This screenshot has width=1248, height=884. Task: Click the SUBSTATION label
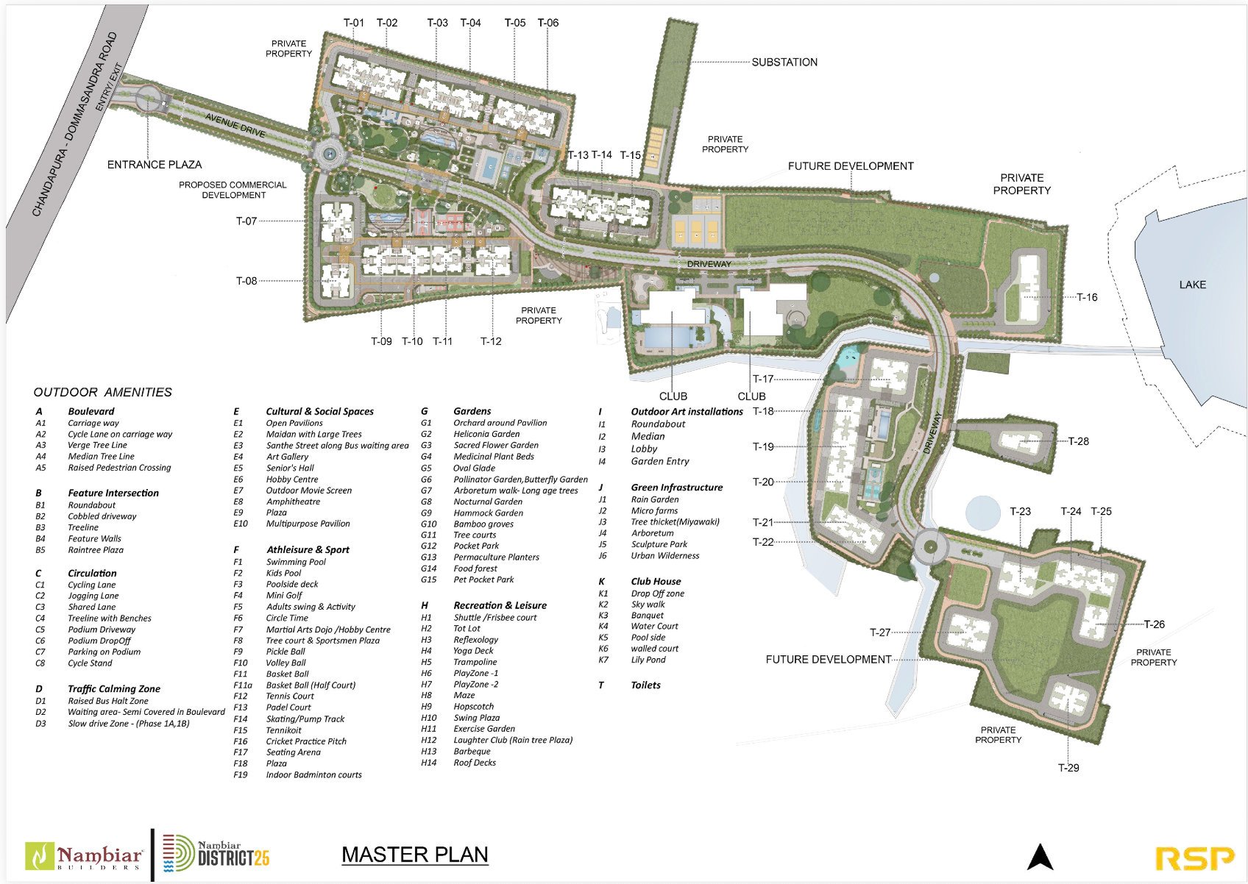[x=784, y=63]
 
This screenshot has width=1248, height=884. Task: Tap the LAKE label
[x=1192, y=285]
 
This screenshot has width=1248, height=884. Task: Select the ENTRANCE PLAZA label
[x=155, y=165]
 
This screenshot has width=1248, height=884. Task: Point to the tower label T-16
[x=1087, y=297]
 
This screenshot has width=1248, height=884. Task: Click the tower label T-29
[x=1068, y=768]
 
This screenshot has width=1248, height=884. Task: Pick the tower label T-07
[x=247, y=221]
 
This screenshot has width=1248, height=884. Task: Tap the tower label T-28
[x=1078, y=441]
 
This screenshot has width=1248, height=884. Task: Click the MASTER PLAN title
[x=415, y=855]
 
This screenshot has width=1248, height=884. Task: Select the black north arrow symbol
[x=1040, y=857]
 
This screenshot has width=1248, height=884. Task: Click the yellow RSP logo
[x=1195, y=858]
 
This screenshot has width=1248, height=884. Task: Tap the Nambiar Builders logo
[x=85, y=857]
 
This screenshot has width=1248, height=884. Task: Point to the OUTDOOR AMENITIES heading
[x=103, y=392]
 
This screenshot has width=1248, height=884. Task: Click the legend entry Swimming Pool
[x=296, y=562]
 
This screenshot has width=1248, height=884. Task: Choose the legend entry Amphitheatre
[x=293, y=502]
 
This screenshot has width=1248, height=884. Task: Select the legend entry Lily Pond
[x=648, y=660]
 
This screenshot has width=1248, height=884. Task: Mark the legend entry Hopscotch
[x=474, y=707]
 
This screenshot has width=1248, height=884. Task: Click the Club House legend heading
[x=656, y=581]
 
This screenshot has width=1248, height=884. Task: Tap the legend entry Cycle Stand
[x=90, y=663]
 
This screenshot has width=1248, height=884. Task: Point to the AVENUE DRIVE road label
[x=235, y=126]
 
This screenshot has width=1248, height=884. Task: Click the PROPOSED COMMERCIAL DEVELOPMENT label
[x=233, y=190]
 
